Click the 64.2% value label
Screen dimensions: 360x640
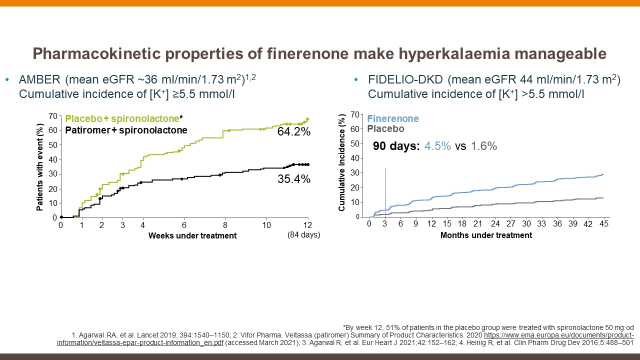[294, 132]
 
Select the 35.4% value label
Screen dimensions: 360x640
[294, 178]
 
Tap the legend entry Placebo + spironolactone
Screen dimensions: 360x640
[122, 119]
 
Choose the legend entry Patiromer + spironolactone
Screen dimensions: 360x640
[126, 130]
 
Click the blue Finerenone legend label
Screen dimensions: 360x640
[393, 119]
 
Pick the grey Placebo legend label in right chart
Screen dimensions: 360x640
[385, 129]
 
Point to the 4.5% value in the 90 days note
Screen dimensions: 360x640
[438, 146]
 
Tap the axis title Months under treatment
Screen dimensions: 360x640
[486, 235]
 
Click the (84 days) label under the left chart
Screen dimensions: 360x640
[304, 234]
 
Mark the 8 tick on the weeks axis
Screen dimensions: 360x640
[225, 225]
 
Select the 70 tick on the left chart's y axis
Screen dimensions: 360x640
[51, 116]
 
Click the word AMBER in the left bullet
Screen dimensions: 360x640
[39, 80]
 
